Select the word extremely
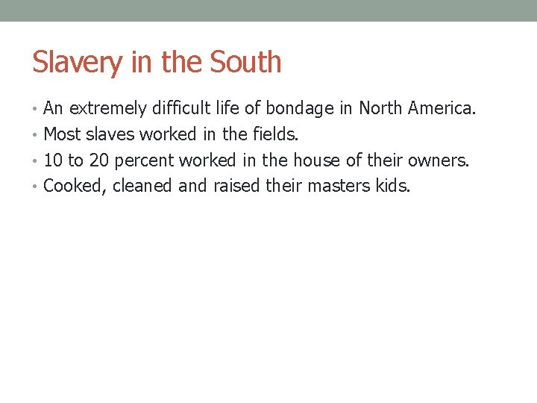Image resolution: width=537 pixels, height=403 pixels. pyautogui.click(x=107, y=109)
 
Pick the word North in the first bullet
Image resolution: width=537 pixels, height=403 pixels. pyautogui.click(x=380, y=109)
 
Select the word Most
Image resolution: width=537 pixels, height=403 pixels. pyautogui.click(x=63, y=135)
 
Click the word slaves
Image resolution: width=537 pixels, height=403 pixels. pyautogui.click(x=111, y=135)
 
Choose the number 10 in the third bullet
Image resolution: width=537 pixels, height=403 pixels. pyautogui.click(x=53, y=160)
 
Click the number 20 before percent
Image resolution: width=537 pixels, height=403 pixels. pyautogui.click(x=99, y=160)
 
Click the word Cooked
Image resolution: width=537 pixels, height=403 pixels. pyautogui.click(x=76, y=186)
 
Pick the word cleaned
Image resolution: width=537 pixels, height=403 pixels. pyautogui.click(x=143, y=186)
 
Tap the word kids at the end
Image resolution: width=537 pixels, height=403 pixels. pyautogui.click(x=393, y=186)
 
